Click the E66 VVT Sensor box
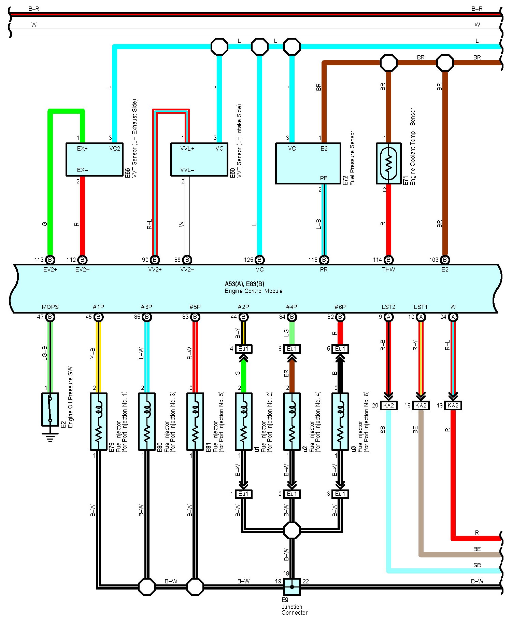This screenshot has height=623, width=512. click(x=95, y=160)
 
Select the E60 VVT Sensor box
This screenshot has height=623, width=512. click(x=199, y=160)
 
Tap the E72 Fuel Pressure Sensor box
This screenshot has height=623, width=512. click(x=308, y=163)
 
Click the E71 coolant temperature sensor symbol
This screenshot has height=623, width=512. click(x=388, y=163)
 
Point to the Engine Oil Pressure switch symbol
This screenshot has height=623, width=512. click(x=50, y=409)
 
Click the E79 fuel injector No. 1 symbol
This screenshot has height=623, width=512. click(x=99, y=421)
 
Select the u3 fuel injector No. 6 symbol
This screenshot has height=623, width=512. click(x=340, y=421)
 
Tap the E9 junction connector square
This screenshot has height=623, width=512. click(x=292, y=587)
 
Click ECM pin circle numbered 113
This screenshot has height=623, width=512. click(x=50, y=260)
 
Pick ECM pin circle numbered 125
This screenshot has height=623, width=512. click(x=259, y=260)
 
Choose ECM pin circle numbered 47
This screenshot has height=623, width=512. click(x=50, y=317)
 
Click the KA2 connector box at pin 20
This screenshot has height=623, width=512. click(x=388, y=405)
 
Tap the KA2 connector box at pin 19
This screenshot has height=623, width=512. click(x=453, y=405)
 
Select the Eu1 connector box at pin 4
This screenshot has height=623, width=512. click(x=244, y=349)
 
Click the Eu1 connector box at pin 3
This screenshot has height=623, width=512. click(x=340, y=494)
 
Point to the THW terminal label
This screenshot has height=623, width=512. click(x=388, y=269)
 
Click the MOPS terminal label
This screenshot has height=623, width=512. click(x=50, y=307)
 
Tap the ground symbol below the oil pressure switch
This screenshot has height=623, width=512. click(x=50, y=438)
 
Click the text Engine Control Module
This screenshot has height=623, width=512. click(x=253, y=291)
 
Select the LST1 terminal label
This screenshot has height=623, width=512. click(x=421, y=307)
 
